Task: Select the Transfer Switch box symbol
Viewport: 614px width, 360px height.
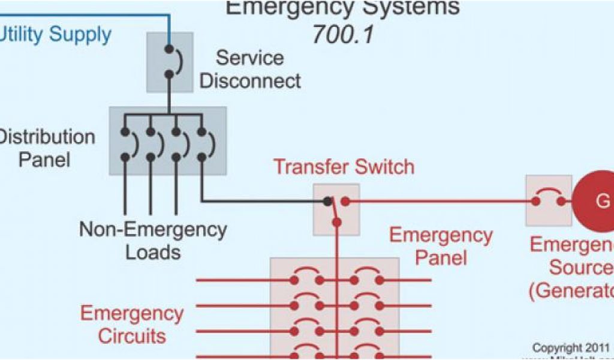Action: point(336,209)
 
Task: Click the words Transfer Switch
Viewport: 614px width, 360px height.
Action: point(344,166)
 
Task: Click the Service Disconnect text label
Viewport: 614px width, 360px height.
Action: point(250,69)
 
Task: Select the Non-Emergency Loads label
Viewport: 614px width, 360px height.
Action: point(153,240)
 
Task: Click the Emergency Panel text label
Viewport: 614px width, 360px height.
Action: point(441,246)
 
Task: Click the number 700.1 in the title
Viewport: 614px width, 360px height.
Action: point(342,34)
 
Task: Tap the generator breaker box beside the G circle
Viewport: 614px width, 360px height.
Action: point(548,200)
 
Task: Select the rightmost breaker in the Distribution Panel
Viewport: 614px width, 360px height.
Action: point(202,144)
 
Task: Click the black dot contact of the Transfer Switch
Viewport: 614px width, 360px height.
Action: point(327,201)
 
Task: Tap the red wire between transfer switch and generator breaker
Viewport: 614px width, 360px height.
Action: point(438,201)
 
